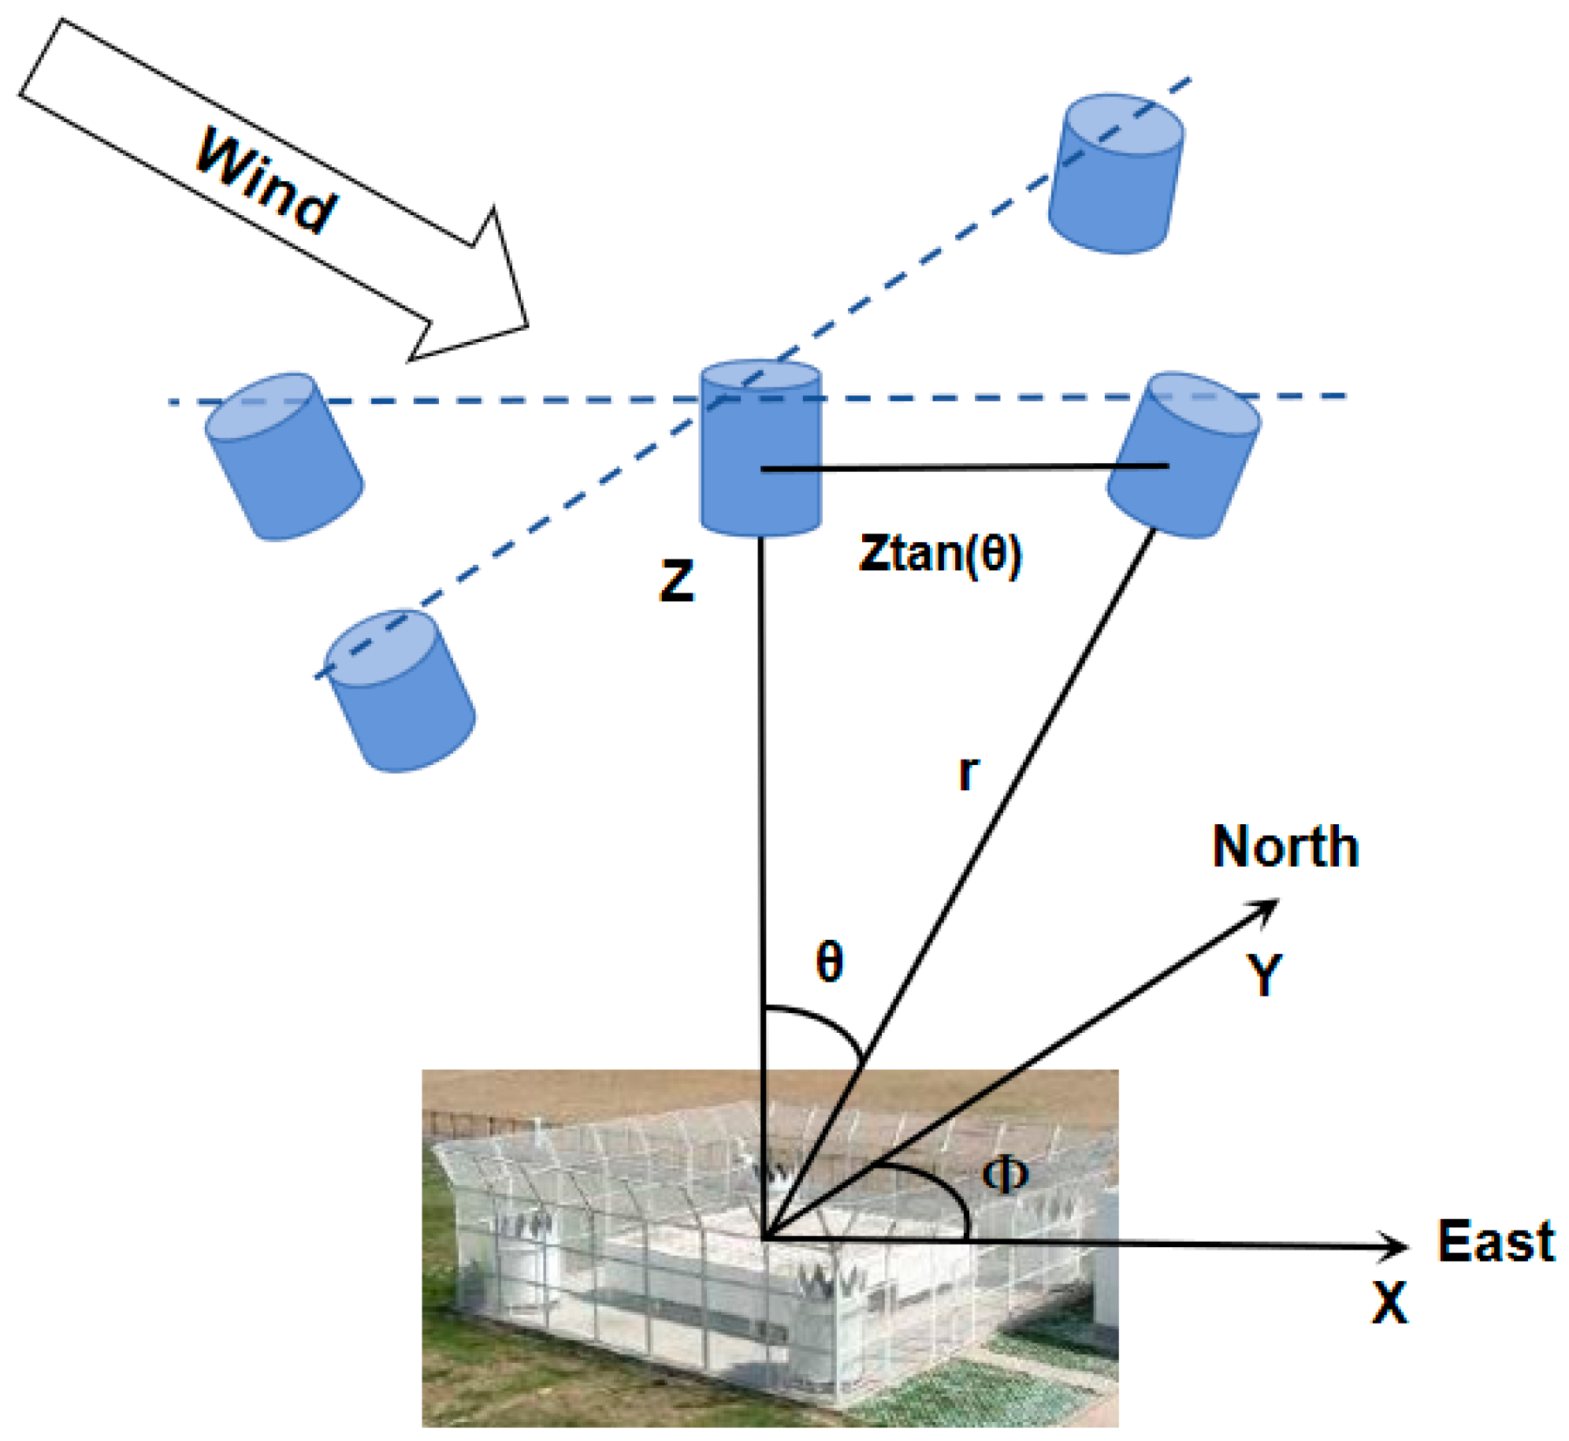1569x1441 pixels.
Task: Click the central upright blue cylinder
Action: [x=760, y=449]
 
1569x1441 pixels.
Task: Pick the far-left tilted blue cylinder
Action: [x=284, y=457]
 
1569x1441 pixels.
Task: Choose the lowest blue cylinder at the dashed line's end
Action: [x=400, y=691]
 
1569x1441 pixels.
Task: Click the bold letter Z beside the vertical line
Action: [x=676, y=581]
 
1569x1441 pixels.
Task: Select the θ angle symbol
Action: [x=829, y=962]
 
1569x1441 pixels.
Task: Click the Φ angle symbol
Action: [x=1005, y=1175]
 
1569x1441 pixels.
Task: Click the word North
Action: [x=1285, y=847]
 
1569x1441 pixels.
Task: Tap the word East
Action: [x=1495, y=1241]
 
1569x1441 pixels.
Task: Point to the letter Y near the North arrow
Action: [x=1264, y=975]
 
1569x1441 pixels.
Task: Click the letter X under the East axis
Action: [x=1389, y=1302]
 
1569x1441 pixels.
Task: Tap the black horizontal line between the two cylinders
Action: [x=961, y=467]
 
